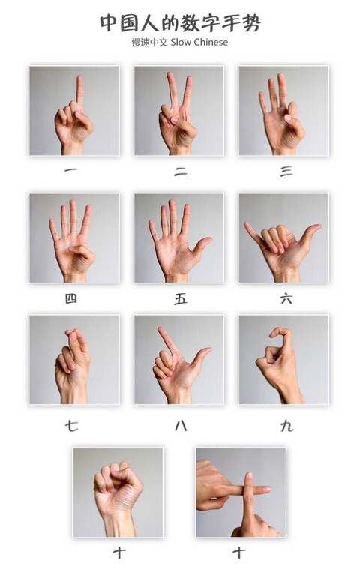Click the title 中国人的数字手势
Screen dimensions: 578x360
(180, 22)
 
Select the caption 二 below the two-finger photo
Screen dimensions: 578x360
(181, 171)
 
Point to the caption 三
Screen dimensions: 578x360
(286, 171)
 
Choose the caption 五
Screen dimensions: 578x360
(181, 298)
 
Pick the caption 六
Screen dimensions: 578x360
(286, 298)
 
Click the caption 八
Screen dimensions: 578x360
(181, 426)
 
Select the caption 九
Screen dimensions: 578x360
(286, 426)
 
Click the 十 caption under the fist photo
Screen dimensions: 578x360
(118, 553)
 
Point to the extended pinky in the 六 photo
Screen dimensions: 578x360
(249, 226)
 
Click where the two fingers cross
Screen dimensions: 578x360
(248, 490)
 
